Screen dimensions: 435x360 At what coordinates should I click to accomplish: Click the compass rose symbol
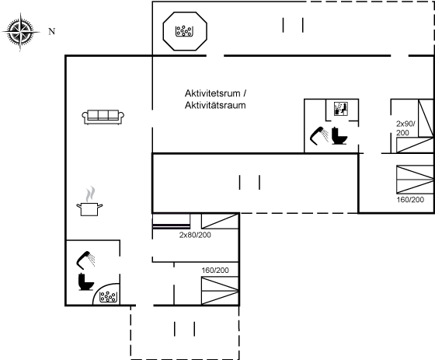tap(21, 32)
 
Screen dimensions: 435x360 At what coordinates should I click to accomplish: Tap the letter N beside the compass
tap(52, 31)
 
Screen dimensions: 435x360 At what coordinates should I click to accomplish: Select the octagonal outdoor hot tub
tap(185, 31)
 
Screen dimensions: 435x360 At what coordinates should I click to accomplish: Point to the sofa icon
tap(103, 117)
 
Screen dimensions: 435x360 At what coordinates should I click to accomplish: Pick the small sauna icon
tap(341, 109)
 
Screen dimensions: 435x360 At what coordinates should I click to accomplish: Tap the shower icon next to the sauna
tap(319, 136)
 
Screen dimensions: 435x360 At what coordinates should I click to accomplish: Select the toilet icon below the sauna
tap(339, 136)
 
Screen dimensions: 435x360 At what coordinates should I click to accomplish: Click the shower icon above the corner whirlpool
tap(85, 260)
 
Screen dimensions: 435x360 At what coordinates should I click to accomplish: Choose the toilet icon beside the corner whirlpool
tap(86, 282)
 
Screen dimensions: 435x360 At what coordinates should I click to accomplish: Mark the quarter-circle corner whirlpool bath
tap(106, 294)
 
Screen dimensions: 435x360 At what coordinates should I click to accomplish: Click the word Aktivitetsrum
tap(213, 93)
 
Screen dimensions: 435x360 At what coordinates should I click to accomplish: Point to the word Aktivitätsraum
tap(215, 106)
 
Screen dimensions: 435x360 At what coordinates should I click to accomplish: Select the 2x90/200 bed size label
tap(405, 128)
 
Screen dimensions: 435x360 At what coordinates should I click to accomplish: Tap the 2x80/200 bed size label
tap(195, 235)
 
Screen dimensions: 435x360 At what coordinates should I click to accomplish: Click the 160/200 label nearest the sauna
tap(410, 200)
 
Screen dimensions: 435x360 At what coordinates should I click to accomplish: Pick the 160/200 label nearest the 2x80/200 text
tap(215, 271)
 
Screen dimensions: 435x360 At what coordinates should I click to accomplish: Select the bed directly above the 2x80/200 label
tap(220, 221)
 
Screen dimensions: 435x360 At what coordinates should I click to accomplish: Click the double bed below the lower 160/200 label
tap(220, 291)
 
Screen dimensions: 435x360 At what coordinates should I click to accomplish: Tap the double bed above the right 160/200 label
tap(415, 180)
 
